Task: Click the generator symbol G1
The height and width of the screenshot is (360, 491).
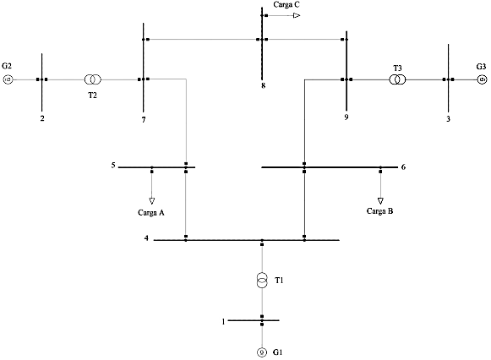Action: [262, 352]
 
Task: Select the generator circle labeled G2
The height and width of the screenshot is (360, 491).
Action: [8, 79]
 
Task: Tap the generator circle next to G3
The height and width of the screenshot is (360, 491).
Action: [483, 79]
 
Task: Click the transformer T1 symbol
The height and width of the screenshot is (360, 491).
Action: [262, 281]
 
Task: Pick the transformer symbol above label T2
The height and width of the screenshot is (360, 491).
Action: [93, 79]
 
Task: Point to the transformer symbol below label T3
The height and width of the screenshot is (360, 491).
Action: [397, 79]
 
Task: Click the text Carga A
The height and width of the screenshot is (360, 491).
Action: [151, 213]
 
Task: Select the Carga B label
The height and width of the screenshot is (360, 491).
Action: [379, 211]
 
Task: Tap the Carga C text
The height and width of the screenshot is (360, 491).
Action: [286, 5]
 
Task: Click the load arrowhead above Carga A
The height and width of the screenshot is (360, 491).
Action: [152, 201]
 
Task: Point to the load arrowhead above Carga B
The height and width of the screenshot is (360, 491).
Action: [380, 201]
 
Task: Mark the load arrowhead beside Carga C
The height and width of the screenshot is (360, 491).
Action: [297, 15]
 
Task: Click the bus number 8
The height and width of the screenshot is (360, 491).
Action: [264, 85]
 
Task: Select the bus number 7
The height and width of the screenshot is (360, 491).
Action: [144, 120]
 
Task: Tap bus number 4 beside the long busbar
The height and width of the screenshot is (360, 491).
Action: [146, 238]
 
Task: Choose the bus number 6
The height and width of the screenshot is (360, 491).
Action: [403, 167]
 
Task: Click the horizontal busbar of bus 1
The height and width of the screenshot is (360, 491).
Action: [254, 320]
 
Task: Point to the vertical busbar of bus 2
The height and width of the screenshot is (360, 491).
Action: [41, 82]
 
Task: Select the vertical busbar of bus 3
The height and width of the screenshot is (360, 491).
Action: [448, 79]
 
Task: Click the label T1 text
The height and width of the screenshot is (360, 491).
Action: [279, 281]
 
